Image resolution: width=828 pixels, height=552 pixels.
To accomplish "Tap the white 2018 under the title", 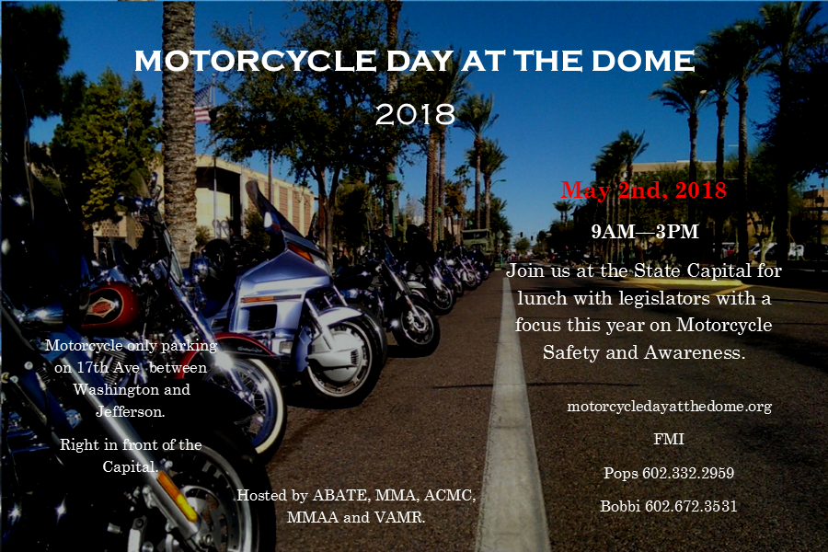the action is point(415,114).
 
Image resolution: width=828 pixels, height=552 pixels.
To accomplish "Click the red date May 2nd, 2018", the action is point(644,190).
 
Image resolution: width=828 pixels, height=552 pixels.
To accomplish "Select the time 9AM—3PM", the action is point(645,231).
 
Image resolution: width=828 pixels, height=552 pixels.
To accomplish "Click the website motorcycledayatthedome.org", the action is point(669,407).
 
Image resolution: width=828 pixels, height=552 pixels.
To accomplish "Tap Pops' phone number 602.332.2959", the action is point(688,473).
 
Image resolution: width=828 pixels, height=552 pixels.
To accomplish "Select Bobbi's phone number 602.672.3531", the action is point(691,506).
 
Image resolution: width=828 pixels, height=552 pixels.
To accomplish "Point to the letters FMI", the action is point(669,439).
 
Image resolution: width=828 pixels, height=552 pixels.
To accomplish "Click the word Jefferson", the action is point(131,411).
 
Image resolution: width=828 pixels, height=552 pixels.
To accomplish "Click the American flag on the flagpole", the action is point(202,105).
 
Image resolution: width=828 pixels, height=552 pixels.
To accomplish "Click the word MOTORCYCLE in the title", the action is point(255,61).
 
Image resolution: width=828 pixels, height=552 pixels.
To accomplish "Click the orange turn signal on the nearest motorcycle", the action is point(178,494).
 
